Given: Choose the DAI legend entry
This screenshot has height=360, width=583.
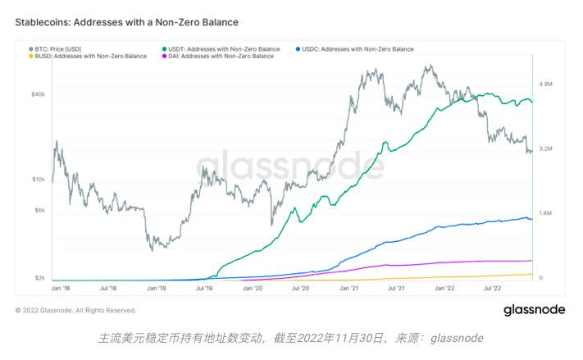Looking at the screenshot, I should pos(220,56).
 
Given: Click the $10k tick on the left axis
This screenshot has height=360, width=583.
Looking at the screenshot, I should pos(38,179).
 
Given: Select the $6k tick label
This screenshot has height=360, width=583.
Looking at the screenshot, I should pos(39,211).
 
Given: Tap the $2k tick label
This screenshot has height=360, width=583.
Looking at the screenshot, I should pos(39,278).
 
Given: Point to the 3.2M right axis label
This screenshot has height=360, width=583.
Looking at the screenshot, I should pos(547,149).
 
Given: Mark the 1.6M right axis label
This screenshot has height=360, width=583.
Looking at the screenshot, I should pos(547,213).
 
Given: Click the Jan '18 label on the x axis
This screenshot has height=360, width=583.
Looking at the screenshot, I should pos(60,289).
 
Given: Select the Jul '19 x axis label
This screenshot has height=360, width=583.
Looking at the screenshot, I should pos(205,289).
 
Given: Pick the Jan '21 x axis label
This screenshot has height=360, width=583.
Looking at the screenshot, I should pos(349,289).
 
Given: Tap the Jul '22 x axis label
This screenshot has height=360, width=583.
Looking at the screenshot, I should pos(494,289).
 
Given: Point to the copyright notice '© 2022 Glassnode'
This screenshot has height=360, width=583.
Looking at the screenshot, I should pos(75,310).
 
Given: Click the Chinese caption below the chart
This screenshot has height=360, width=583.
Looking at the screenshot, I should pos(291,338).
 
